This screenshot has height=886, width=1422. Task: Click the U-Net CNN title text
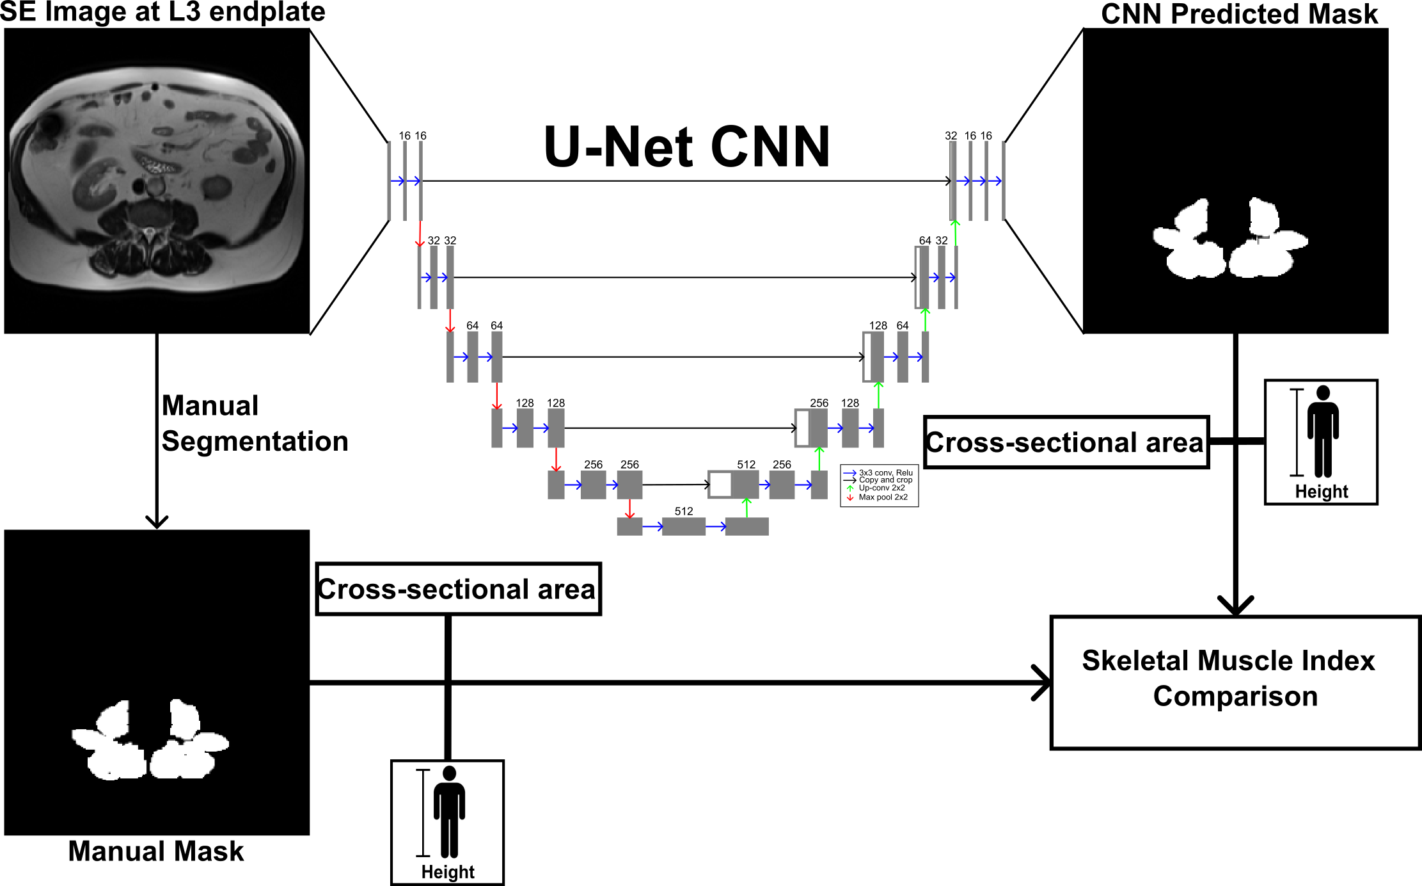686,147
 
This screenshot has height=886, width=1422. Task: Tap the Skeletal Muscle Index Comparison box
1235,682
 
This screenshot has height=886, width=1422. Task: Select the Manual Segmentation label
254,423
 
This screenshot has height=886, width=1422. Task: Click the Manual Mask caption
156,851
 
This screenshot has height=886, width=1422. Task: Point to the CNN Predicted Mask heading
1239,14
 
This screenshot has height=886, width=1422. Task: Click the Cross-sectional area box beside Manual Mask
458,589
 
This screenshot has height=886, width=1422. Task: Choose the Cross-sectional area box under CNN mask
1066,442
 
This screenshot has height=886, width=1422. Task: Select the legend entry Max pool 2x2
883,497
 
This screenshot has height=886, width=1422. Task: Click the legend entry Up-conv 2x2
881,488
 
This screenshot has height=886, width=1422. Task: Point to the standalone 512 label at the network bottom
683,511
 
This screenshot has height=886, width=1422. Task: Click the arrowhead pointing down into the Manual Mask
157,522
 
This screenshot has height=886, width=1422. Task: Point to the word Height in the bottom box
448,872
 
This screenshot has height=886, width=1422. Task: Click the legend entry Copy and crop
885,480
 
